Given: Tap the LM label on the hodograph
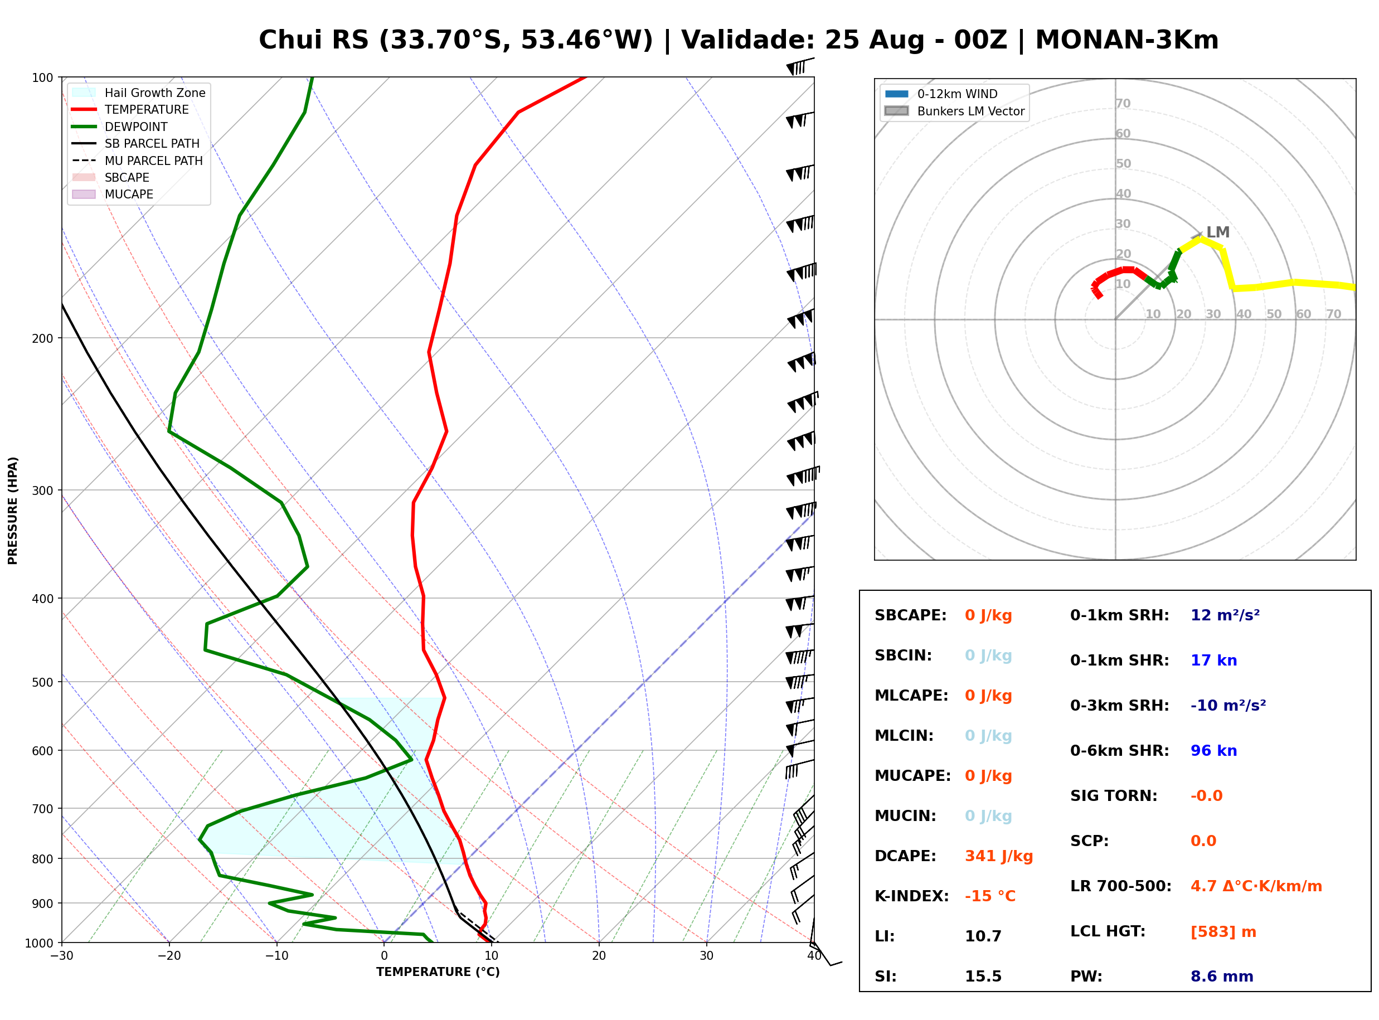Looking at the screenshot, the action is (1218, 232).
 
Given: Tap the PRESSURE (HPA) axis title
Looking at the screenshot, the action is (13, 511).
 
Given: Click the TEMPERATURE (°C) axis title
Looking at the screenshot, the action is (438, 972).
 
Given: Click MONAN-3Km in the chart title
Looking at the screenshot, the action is (1127, 40).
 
